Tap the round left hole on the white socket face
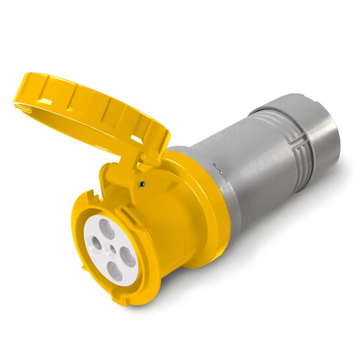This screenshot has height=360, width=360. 95,246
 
